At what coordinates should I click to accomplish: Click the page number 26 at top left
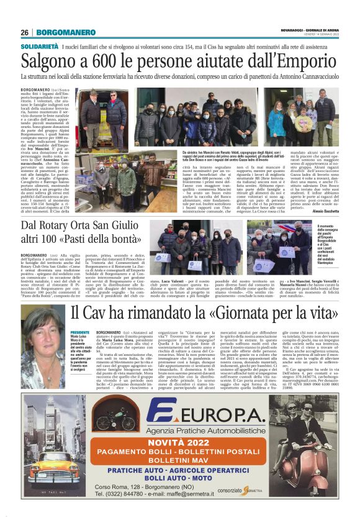coord(24,32)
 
